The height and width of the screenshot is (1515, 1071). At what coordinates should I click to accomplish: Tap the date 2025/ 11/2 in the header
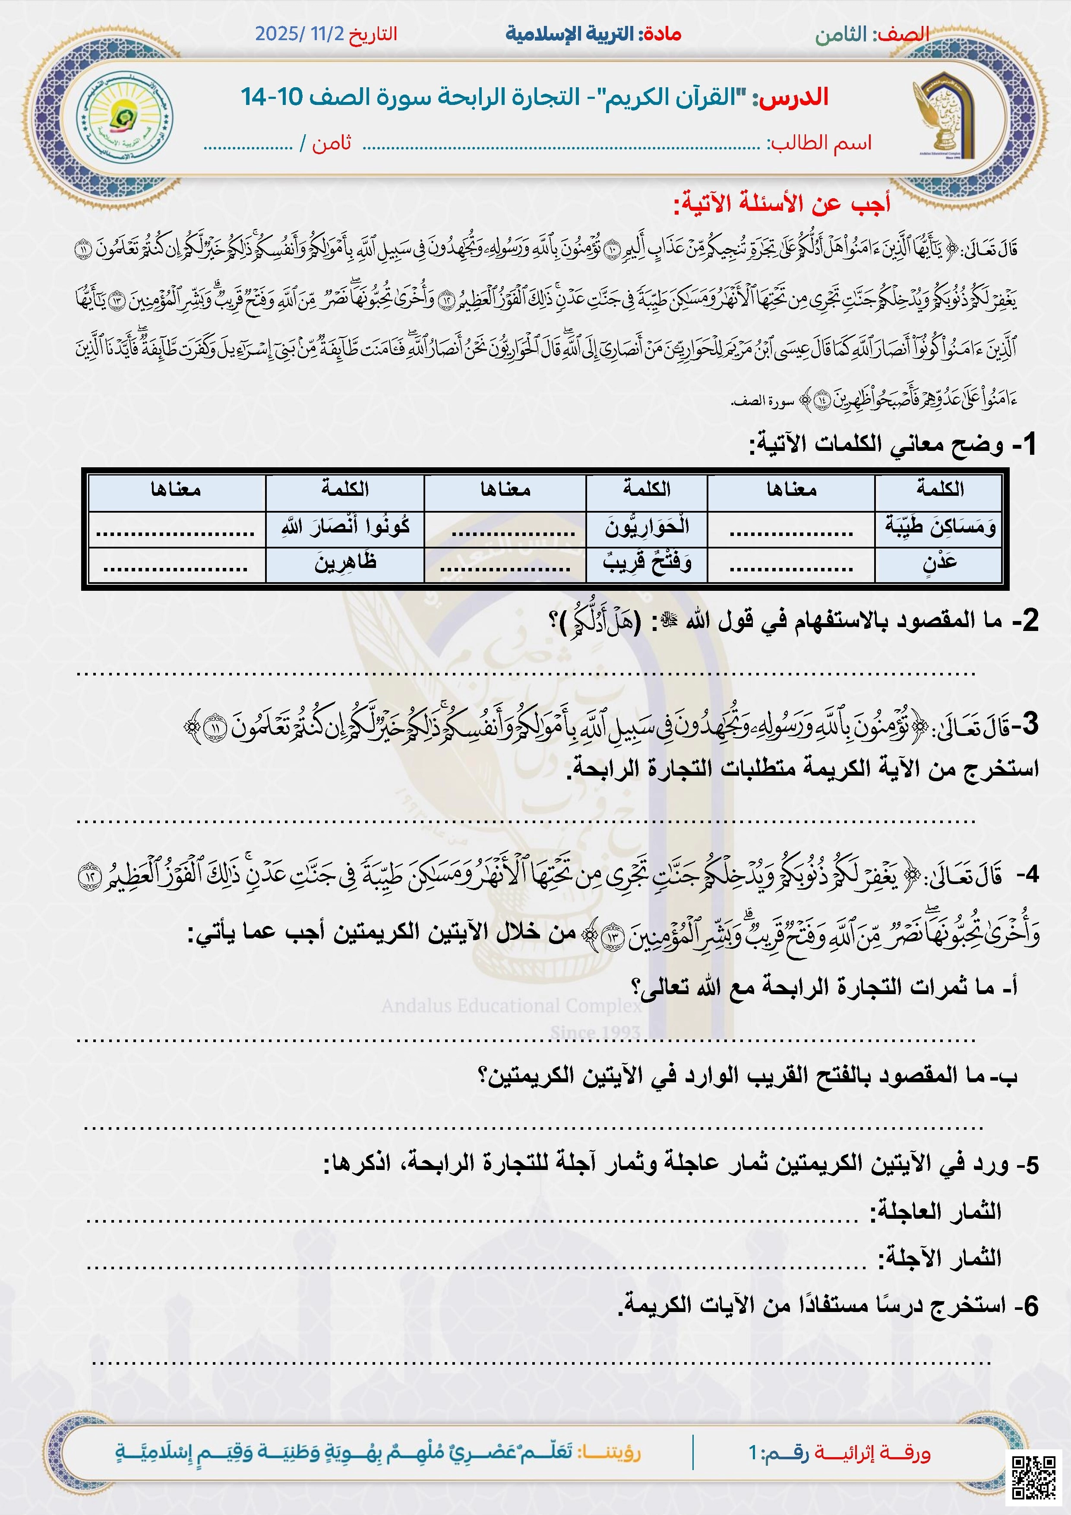click(x=300, y=34)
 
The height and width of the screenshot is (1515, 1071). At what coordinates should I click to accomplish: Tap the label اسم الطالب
click(x=818, y=143)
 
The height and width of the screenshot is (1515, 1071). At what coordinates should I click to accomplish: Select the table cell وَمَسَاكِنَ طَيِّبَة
click(x=939, y=527)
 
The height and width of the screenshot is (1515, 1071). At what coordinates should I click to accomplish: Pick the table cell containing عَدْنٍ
click(x=939, y=563)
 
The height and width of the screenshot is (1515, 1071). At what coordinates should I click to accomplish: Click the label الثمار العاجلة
click(x=936, y=1211)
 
